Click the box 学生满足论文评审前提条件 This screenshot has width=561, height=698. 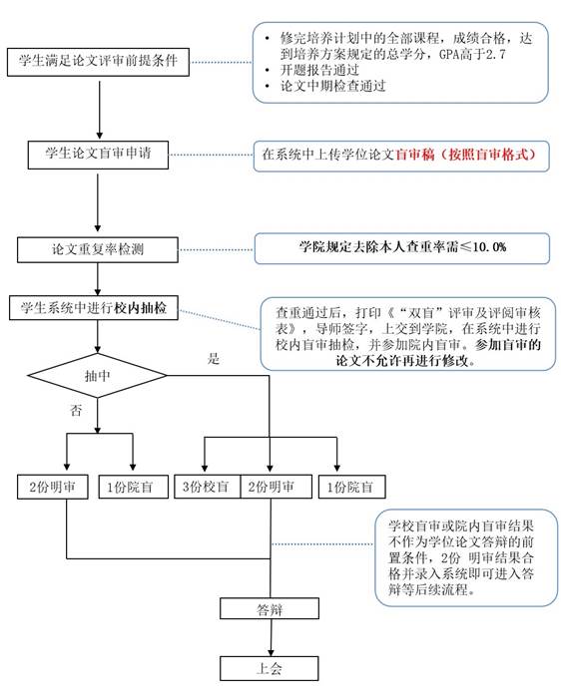coord(98,62)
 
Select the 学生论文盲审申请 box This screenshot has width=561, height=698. coord(98,155)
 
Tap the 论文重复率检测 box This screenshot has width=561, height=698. coord(98,249)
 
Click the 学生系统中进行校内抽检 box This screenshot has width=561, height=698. coord(94,308)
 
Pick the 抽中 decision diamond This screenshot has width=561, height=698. coord(97,376)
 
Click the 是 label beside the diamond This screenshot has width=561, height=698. coord(214,358)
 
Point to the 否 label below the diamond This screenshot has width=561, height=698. coord(76,410)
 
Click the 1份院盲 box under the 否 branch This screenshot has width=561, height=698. coord(133,487)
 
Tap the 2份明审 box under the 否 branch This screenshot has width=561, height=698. coord(53,487)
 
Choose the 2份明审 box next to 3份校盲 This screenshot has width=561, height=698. coord(276,487)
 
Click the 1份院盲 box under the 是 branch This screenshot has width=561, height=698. coord(352,487)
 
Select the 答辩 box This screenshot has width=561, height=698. coord(270,609)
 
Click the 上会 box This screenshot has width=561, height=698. coord(270,668)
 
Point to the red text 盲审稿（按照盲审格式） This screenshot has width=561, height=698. coord(465,155)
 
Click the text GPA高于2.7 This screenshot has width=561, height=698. coord(472,54)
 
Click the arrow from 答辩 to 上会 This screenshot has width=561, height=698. coord(271,637)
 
